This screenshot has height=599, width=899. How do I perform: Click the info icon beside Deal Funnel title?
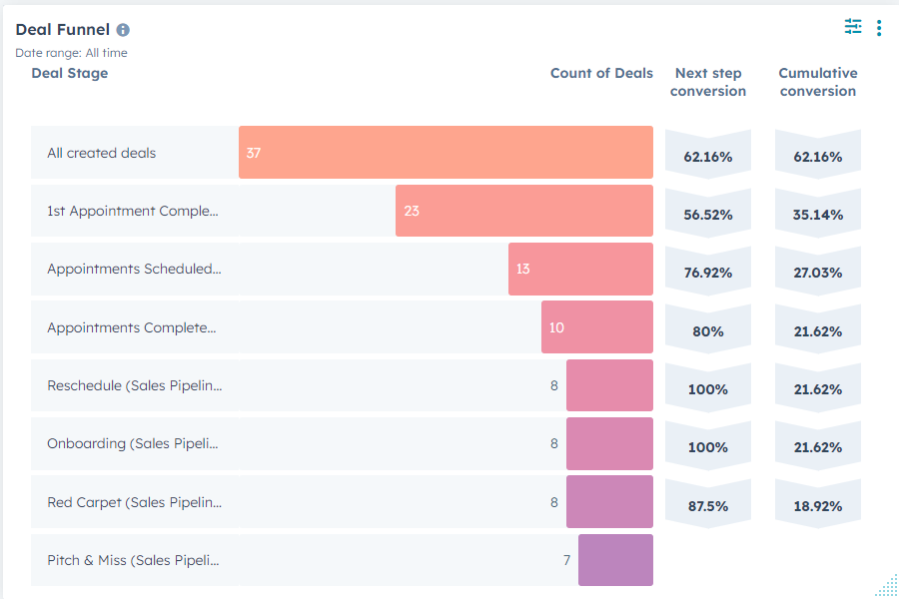point(123,30)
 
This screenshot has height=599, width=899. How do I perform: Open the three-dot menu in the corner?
point(879,28)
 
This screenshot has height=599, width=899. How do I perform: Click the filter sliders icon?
point(852,27)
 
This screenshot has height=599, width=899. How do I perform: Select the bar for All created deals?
point(446,153)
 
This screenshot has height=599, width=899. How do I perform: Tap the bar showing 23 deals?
point(523,211)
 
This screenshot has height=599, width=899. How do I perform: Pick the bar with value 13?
point(580,270)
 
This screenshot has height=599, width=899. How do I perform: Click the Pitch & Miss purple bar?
point(615,560)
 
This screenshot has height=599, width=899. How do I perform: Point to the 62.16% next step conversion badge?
point(708,157)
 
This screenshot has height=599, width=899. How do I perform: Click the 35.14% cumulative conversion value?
point(818,215)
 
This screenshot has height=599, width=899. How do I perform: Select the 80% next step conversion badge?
point(708,331)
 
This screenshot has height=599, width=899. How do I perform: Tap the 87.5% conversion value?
point(708,506)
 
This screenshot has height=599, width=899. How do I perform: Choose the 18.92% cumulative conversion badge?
point(818,506)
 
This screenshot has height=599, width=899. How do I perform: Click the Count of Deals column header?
point(601,73)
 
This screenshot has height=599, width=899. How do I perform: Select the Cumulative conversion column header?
point(818,82)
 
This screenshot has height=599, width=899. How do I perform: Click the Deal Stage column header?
point(70,73)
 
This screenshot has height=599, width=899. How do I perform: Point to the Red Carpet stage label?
point(134,502)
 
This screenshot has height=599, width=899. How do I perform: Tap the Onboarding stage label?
point(132,444)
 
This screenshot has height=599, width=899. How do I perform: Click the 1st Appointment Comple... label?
point(132,211)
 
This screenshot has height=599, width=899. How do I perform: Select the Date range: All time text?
point(71,53)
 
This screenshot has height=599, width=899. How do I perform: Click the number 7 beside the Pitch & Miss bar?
point(566,560)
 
